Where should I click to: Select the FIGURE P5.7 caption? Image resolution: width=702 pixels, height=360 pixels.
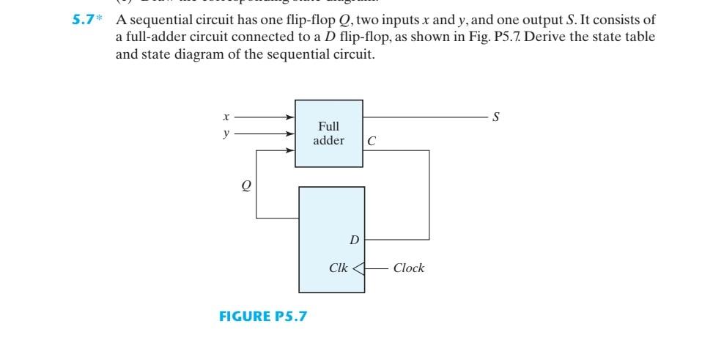point(263,317)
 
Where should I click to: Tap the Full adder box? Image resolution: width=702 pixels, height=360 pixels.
point(328,133)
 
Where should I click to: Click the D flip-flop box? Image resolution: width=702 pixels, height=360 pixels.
point(330,240)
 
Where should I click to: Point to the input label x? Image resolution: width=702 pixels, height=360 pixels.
point(226,117)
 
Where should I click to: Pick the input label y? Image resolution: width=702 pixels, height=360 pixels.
point(226,133)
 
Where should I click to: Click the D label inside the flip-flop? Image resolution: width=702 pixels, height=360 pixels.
point(353,240)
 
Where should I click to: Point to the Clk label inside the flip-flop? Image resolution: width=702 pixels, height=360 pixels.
point(339,268)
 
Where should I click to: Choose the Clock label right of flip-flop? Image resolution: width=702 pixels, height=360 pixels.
point(408,268)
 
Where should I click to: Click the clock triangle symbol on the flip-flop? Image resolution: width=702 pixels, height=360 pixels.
point(358,268)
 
